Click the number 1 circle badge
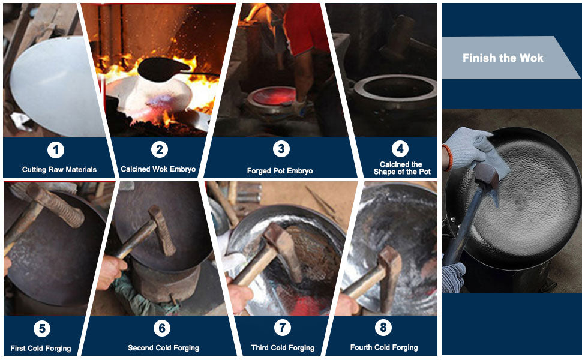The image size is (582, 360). (x=56, y=150)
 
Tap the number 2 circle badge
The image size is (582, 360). (x=160, y=149)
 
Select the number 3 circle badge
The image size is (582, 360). (x=281, y=149)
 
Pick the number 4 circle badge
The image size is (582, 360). (x=400, y=149)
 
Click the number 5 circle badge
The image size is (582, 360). (x=42, y=328)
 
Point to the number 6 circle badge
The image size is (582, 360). (x=162, y=328)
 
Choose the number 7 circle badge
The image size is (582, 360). (x=283, y=328)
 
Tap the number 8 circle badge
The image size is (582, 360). (x=383, y=328)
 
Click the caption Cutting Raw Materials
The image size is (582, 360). (x=59, y=170)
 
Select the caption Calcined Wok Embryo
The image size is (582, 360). (x=158, y=169)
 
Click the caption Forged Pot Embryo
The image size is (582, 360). (x=280, y=171)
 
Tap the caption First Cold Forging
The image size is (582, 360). (x=41, y=348)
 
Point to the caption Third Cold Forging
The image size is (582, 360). (x=283, y=348)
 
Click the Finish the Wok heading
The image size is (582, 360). (x=503, y=58)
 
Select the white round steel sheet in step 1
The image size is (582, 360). (x=56, y=86)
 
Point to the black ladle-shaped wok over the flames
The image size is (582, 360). (x=163, y=70)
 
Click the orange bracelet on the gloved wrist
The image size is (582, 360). (x=447, y=157)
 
